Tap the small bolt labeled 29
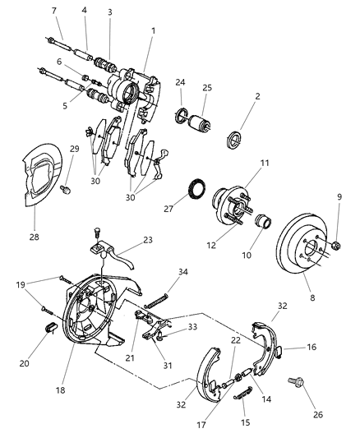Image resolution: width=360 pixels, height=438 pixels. (70, 190)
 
